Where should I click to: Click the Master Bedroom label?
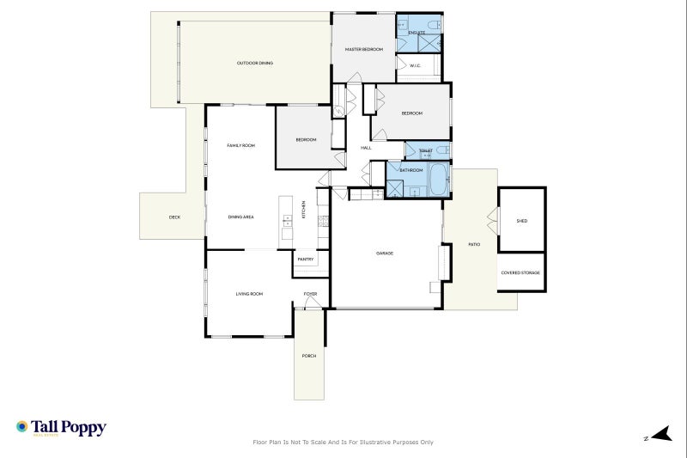pos(363,50)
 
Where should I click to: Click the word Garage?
pos(384,253)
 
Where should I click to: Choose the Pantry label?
pos(305,259)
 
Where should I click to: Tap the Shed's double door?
pos(493,221)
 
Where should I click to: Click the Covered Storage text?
pos(521,273)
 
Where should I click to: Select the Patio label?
pos(474,245)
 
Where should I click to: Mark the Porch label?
pos(308,356)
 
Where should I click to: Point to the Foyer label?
pos(310,294)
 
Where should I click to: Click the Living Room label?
pos(249,294)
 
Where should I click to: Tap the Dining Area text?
pos(240,217)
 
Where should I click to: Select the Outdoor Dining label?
pos(254,63)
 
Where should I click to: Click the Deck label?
pos(174,217)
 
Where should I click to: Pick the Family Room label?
pos(240,146)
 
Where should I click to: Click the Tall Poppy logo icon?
pos(21,426)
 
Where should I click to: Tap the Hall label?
pos(366,148)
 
